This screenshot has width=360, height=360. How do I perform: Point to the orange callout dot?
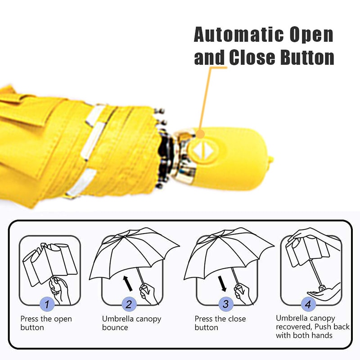(x=201, y=134)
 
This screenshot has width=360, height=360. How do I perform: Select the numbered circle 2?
(x=130, y=304)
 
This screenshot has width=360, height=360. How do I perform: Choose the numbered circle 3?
(x=226, y=304)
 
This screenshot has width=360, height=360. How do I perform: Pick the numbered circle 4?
(x=308, y=304)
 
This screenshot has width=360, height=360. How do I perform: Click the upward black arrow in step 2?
(x=129, y=283)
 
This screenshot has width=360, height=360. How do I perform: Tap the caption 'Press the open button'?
(x=46, y=323)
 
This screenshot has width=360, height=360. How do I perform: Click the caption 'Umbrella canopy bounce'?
(x=131, y=323)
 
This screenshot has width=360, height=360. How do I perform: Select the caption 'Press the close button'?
(x=220, y=323)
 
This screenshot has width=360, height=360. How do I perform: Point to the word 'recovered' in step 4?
(x=295, y=327)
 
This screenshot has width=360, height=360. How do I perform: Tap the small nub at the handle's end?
(x=271, y=159)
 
